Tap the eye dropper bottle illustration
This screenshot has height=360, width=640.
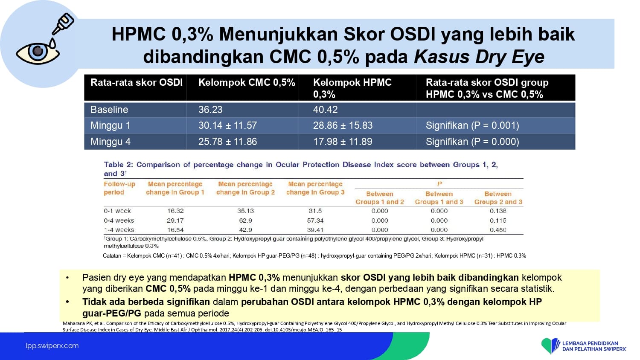click(x=63, y=24)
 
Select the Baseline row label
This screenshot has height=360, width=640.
click(x=109, y=110)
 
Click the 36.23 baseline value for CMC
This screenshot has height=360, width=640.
click(x=210, y=110)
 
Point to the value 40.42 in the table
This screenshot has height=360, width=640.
click(x=325, y=110)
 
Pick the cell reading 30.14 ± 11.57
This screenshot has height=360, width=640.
click(x=227, y=125)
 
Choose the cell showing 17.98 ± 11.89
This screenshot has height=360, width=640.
click(x=343, y=142)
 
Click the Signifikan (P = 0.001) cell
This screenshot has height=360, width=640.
click(x=472, y=125)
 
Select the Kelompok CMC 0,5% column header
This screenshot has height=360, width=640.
click(x=247, y=83)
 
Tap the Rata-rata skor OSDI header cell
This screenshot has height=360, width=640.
click(x=136, y=83)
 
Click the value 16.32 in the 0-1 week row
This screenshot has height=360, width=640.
click(x=175, y=211)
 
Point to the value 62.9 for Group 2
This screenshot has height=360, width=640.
click(x=245, y=221)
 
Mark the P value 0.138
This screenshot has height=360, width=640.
click(x=498, y=211)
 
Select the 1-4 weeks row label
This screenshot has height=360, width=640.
click(x=119, y=230)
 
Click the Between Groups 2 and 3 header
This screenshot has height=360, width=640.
click(x=498, y=198)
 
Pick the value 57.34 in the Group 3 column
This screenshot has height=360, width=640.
click(x=315, y=221)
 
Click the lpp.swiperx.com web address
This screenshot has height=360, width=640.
click(x=52, y=346)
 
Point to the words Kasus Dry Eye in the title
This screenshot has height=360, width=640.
click(x=479, y=57)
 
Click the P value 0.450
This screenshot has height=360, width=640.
click(x=498, y=230)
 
